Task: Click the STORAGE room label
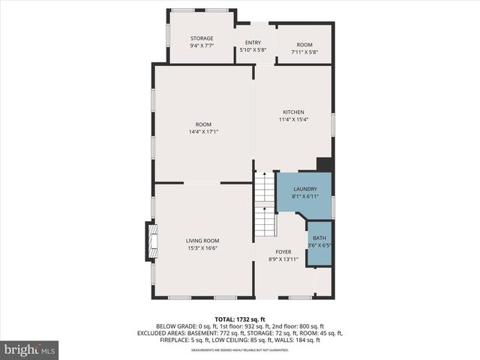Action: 201,38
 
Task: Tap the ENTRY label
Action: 253,43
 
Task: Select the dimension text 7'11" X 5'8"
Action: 304,52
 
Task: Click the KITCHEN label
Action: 293,112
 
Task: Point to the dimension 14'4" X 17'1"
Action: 203,132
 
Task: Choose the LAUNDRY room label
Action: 304,189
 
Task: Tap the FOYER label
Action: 283,252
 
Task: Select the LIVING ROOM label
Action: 202,241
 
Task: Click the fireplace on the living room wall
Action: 150,241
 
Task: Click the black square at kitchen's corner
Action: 324,164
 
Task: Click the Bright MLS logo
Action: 29,349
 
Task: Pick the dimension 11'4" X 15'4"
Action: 293,119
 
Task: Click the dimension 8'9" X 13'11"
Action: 283,259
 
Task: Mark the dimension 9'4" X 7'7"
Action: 201,46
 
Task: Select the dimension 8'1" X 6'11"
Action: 304,196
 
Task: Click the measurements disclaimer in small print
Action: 239,350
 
